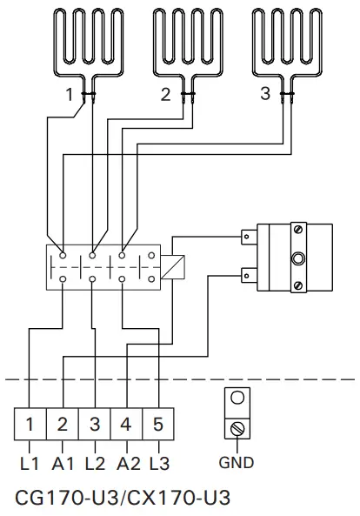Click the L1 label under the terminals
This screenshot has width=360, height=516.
click(x=30, y=462)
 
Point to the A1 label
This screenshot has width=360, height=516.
click(x=62, y=462)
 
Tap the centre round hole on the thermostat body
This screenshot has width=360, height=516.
click(x=299, y=258)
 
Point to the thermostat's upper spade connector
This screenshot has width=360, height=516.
click(x=247, y=235)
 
